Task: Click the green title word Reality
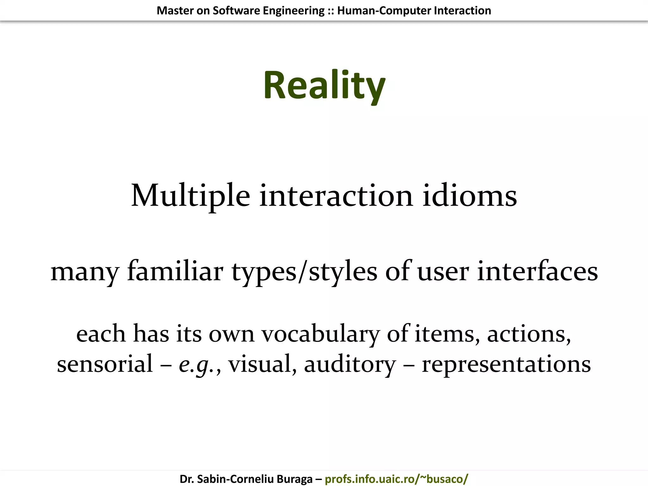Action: coord(324,85)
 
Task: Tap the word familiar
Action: coord(175,271)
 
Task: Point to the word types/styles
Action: coord(304,271)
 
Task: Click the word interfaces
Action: coord(537,271)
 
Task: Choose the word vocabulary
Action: coord(321,334)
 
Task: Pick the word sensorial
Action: coord(105,364)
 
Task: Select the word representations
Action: coord(506,364)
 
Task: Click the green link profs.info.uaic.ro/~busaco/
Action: coord(396,479)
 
